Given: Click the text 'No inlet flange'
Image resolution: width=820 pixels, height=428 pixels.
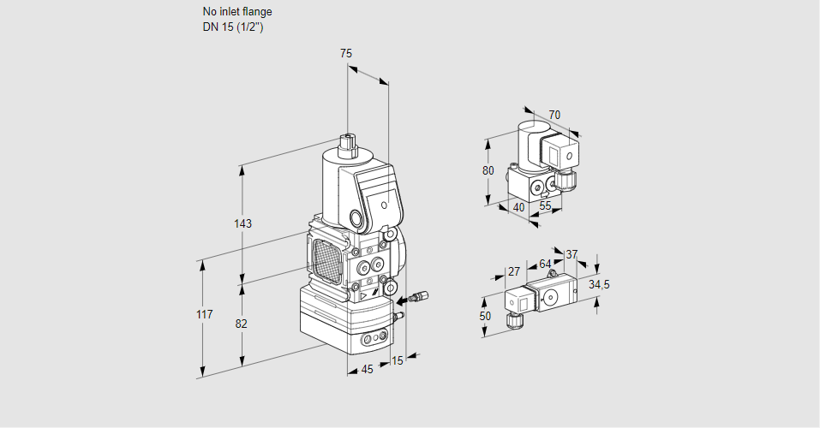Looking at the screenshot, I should [x=237, y=12].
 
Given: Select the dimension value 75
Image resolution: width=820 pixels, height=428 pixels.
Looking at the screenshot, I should [x=346, y=53].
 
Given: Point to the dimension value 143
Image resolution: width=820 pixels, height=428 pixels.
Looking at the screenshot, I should [x=243, y=224].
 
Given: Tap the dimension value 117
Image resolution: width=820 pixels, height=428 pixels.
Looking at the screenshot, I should [x=203, y=315].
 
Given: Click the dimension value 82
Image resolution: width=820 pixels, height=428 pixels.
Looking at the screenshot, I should [x=242, y=324].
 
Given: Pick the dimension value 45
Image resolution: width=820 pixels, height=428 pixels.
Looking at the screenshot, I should [x=367, y=369].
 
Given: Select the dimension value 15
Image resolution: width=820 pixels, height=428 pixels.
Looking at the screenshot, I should [x=396, y=361].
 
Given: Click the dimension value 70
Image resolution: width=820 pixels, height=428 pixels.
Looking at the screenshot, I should [x=554, y=115].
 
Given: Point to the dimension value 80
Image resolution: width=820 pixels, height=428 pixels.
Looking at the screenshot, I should [x=488, y=170].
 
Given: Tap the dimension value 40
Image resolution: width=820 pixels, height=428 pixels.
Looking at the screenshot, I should [x=518, y=206].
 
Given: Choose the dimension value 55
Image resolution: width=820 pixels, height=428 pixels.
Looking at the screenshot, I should [x=546, y=206].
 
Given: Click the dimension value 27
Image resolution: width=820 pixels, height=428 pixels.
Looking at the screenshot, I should [x=514, y=271].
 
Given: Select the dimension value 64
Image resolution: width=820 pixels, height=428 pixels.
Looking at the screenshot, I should [x=545, y=264].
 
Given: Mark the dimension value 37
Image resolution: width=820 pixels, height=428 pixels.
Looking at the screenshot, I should [x=572, y=254].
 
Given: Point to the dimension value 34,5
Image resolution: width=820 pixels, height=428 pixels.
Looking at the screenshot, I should [x=600, y=284].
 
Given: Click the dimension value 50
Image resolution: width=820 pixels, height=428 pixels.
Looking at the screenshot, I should [x=486, y=316].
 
